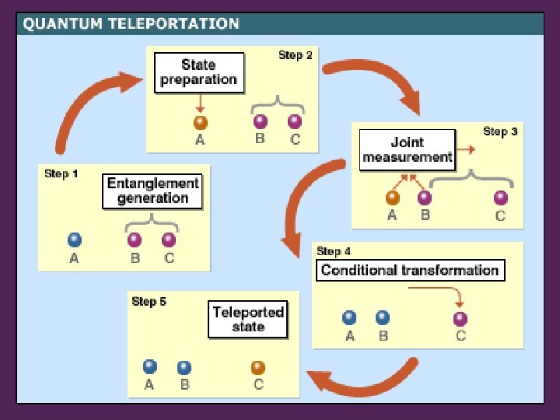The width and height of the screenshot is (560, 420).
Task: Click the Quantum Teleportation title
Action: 131,23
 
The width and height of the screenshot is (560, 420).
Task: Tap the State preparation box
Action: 198,72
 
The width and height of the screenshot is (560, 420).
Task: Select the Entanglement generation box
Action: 153,191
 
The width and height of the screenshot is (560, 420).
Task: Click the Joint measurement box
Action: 407,150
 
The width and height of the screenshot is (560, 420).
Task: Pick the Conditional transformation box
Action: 409,271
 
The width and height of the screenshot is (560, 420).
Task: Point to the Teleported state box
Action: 248,320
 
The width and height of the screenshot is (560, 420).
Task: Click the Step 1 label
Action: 61,173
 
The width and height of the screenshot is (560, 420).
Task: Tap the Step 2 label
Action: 296,55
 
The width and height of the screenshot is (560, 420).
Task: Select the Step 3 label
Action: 500,131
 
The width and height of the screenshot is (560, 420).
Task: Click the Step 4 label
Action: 334,251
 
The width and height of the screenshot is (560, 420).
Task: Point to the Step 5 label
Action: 149,301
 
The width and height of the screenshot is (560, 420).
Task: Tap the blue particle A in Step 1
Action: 75,240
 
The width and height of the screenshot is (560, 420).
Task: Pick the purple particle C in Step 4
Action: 460,318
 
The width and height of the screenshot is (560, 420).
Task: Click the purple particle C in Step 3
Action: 501,198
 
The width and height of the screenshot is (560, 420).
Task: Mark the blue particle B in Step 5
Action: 184,367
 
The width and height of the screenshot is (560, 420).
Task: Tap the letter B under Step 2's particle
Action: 260,139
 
